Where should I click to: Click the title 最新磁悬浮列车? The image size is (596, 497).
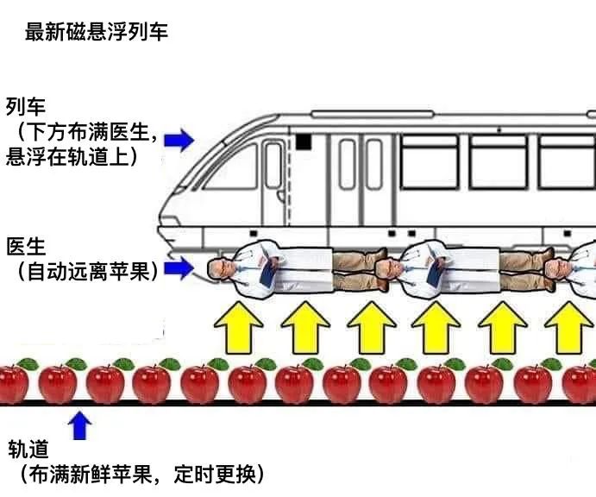click(97, 33)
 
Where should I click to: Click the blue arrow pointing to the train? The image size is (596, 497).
click(179, 138)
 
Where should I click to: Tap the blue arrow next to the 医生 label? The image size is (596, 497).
click(179, 268)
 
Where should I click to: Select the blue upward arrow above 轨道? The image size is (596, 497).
click(79, 425)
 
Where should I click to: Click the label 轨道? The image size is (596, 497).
click(28, 450)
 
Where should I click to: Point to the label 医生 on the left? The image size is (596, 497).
click(25, 245)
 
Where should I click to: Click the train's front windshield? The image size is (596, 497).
click(231, 166)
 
